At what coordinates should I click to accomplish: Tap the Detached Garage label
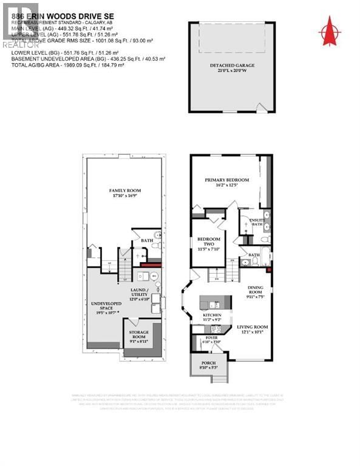231,65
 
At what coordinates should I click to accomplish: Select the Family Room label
124,189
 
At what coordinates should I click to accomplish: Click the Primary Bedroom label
226,180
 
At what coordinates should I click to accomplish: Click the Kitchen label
212,316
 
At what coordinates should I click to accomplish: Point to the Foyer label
211,337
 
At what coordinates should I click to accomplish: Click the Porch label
208,364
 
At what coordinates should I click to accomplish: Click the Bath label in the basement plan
148,240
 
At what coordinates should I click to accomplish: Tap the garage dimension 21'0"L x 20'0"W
231,70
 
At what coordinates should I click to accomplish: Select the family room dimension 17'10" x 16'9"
124,195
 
